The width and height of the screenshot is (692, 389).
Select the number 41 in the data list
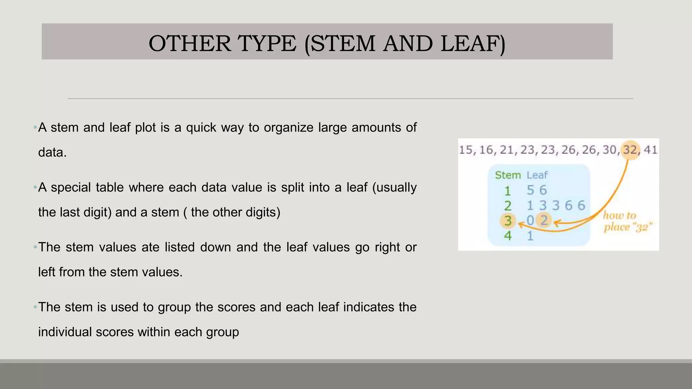coord(650,150)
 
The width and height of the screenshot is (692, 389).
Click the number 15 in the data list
coord(466,150)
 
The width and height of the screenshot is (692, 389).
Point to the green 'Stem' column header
coord(508,175)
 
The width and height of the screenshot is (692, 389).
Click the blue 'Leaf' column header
coord(537,175)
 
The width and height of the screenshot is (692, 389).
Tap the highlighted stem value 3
coord(508,221)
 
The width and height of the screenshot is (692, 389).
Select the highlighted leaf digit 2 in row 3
coord(544,221)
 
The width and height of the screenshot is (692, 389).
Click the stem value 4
coord(508,236)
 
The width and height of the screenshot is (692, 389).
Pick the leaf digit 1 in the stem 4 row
coord(530,236)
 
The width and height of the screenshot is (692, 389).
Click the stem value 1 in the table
coord(508,191)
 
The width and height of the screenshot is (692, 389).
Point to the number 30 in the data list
coord(610,150)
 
